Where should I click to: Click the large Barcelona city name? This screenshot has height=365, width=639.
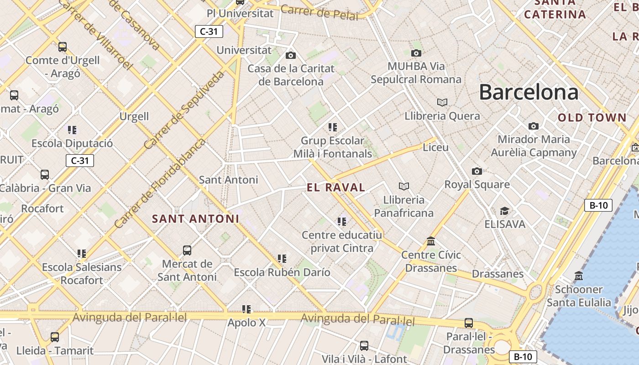(529, 93)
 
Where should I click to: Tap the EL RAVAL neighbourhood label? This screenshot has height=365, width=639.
(336, 187)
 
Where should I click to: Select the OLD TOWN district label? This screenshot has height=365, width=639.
(592, 118)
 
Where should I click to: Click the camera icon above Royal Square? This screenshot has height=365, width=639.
(477, 171)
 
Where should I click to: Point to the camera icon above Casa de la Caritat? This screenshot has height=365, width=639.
(290, 56)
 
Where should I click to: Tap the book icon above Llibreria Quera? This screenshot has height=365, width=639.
(442, 102)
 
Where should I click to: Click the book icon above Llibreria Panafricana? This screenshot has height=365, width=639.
(403, 186)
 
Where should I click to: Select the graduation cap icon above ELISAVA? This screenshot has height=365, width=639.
(504, 211)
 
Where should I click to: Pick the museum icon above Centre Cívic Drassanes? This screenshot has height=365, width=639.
(431, 241)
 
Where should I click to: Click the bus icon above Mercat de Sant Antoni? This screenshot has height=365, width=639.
(187, 250)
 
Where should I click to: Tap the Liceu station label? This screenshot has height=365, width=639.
(435, 147)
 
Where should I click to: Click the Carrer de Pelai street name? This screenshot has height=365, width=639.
(319, 12)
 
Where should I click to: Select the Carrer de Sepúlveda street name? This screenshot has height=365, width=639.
(184, 110)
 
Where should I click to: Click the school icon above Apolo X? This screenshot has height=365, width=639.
(246, 309)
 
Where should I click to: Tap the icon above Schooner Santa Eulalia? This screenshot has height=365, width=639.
(579, 276)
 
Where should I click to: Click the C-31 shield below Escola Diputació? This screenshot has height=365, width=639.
(80, 160)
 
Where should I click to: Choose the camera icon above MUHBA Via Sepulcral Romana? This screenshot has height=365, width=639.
(416, 53)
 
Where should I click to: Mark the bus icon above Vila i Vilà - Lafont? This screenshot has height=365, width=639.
(364, 346)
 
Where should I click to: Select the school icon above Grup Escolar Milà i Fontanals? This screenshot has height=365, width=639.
(332, 127)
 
